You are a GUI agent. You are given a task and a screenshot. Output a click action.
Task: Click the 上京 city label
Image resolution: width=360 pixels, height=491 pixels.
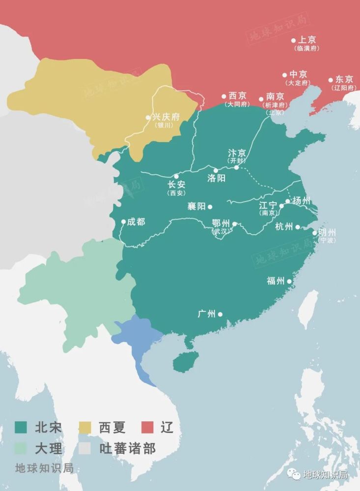[x=307, y=40]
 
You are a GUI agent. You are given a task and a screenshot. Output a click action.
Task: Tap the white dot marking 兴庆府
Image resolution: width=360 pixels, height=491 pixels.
[x=148, y=117]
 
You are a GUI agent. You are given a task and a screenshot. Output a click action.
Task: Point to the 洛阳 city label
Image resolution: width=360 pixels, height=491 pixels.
[x=217, y=178]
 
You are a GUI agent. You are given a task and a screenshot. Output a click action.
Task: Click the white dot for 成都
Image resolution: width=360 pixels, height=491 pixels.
[x=123, y=222]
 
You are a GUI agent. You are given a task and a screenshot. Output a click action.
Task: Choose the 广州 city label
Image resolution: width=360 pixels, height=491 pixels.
[x=207, y=314]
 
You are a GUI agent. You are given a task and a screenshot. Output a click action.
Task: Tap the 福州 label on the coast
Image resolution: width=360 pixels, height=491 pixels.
[x=276, y=281]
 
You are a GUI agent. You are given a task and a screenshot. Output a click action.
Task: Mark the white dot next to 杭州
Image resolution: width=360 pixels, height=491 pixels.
[x=298, y=227]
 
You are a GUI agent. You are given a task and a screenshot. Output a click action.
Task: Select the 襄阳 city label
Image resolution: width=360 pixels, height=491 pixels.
[x=196, y=207]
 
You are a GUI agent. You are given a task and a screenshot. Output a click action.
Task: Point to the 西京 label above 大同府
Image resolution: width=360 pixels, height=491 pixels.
[x=238, y=96]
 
